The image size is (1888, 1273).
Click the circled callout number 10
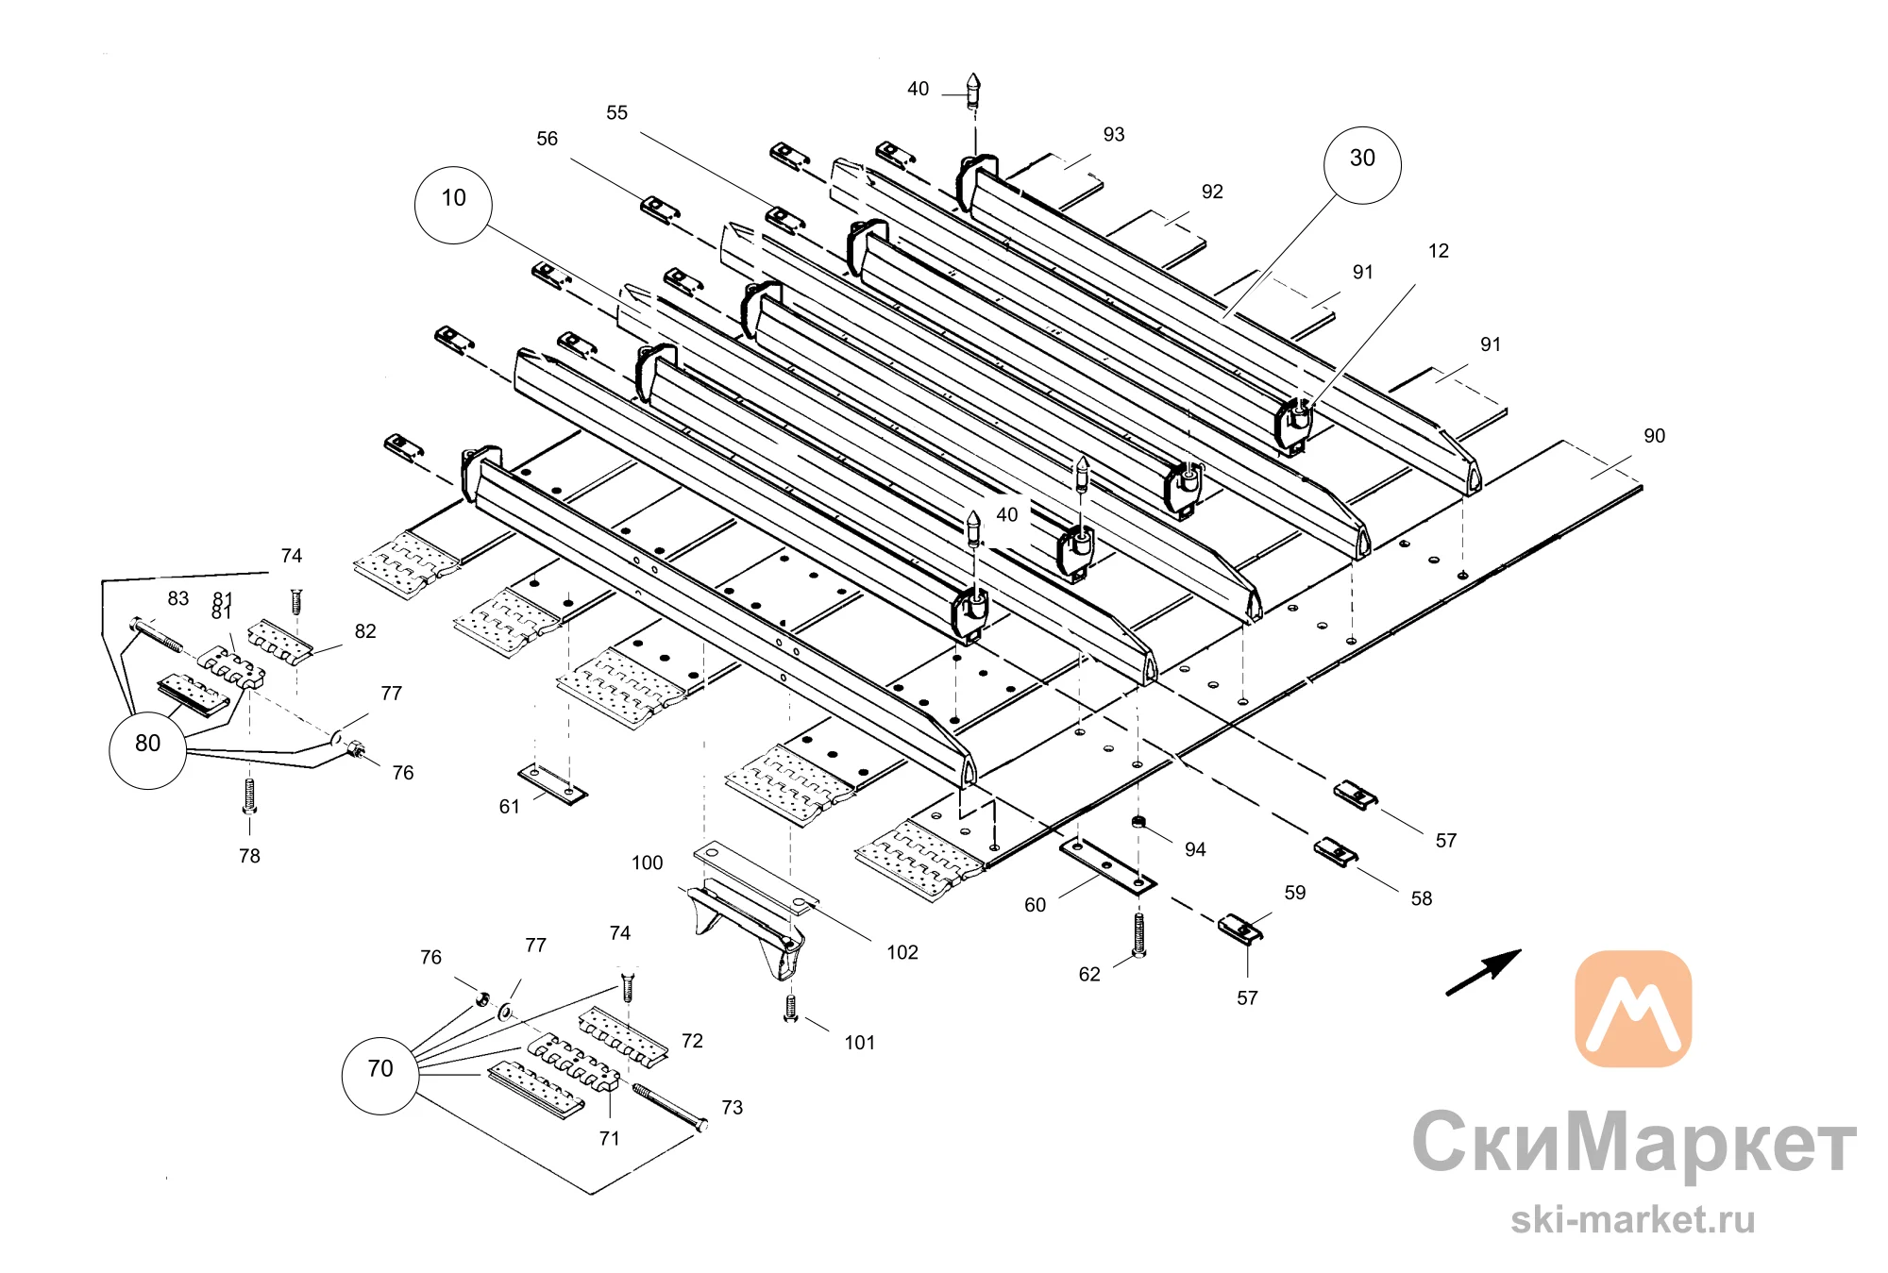tap(453, 205)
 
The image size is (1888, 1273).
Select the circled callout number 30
tap(1362, 165)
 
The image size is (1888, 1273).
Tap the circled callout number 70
tap(379, 1076)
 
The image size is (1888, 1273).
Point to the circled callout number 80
tap(148, 750)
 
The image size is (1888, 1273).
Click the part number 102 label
tap(902, 952)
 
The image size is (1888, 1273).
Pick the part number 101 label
tap(859, 1043)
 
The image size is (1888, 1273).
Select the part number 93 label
tap(1114, 135)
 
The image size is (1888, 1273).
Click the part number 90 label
tap(1654, 436)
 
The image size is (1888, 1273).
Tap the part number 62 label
tap(1089, 975)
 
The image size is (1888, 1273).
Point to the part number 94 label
tap(1195, 849)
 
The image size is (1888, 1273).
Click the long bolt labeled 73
tap(670, 1107)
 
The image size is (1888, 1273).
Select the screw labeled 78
tap(249, 796)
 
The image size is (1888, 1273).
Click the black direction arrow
tap(1483, 972)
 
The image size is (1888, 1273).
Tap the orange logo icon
tap(1633, 1009)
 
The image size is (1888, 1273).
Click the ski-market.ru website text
tap(1633, 1219)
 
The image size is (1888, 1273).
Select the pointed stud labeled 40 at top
tap(973, 91)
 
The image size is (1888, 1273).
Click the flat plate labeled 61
tap(552, 785)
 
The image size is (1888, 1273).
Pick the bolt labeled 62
tap(1138, 935)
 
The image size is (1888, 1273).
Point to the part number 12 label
tap(1439, 251)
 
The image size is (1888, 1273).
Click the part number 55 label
tap(616, 113)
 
